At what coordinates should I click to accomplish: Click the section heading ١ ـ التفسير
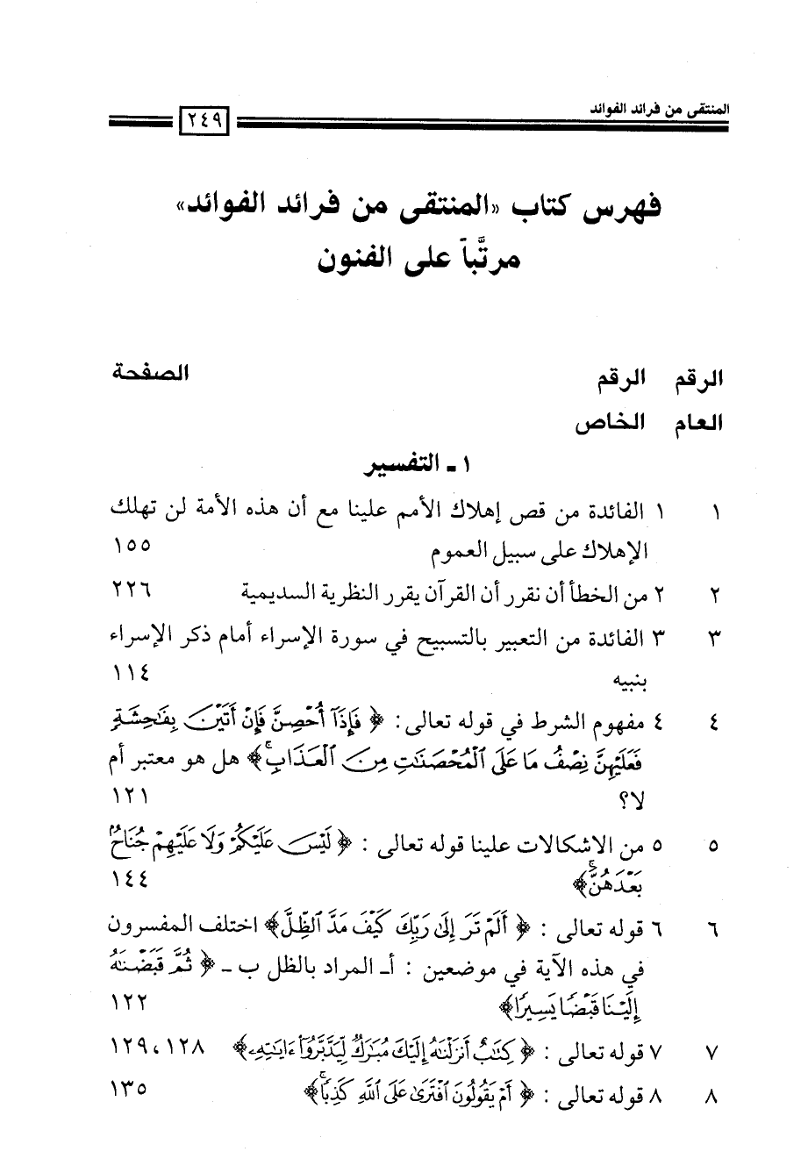[x=412, y=468]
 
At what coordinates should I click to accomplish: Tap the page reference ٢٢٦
[x=132, y=593]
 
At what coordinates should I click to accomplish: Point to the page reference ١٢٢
[x=132, y=1002]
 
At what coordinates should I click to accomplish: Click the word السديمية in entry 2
[x=281, y=594]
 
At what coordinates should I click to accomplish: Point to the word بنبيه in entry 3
[x=626, y=682]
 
